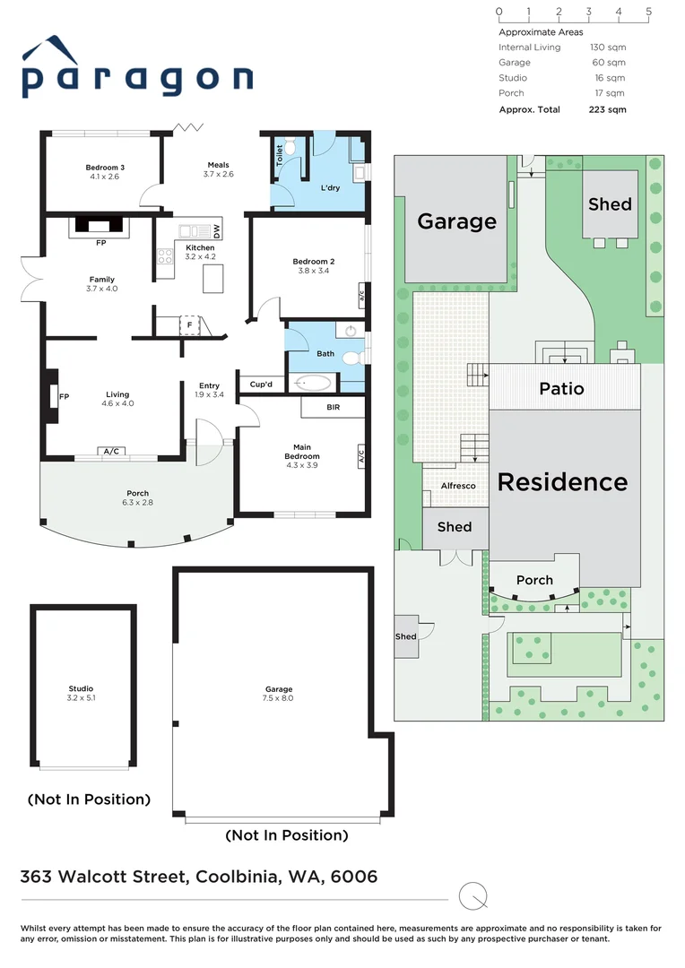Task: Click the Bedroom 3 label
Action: coord(105,168)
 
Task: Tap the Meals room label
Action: coord(218,165)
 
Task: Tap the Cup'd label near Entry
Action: coord(261,385)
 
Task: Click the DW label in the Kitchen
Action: coord(216,230)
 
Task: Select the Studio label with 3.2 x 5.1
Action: coord(81,688)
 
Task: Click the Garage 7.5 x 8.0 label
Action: coord(278,688)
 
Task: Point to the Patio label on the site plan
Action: coord(561,388)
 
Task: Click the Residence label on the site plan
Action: coord(562,481)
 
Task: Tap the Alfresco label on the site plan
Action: coord(458,486)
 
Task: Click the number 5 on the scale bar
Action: coord(648,12)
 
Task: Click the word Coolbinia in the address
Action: coord(236,877)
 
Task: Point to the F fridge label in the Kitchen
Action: coord(189,323)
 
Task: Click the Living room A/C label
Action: coord(112,452)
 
